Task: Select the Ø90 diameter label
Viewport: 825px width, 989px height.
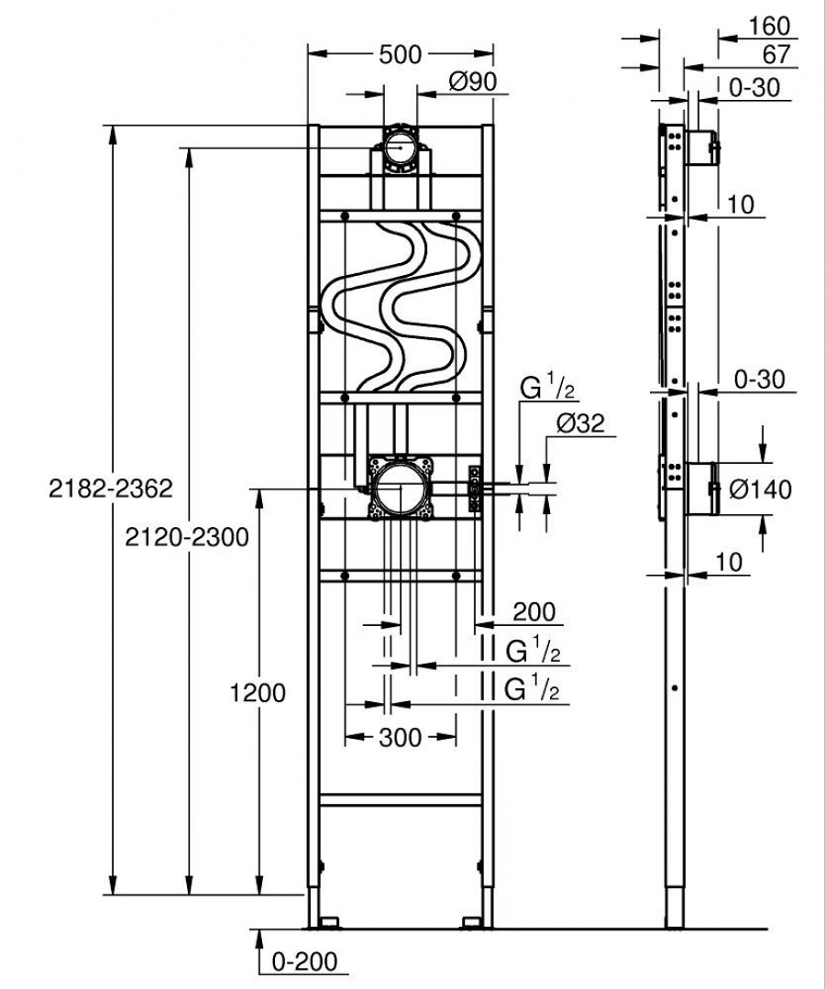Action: click(472, 82)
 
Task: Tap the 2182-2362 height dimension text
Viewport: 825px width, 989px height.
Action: click(110, 489)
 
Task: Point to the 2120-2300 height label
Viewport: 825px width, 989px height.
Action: click(187, 537)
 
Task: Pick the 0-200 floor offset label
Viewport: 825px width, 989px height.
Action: click(305, 962)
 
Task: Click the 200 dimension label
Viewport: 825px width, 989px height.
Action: click(533, 611)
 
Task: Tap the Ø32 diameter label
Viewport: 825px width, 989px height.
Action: click(579, 424)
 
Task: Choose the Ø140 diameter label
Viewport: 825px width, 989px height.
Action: click(760, 489)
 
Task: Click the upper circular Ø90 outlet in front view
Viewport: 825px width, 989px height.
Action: click(400, 147)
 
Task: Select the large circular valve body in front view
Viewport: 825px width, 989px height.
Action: click(399, 487)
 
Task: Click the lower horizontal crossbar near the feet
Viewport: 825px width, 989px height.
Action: click(401, 800)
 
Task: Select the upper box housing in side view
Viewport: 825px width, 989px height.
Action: click(703, 147)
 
